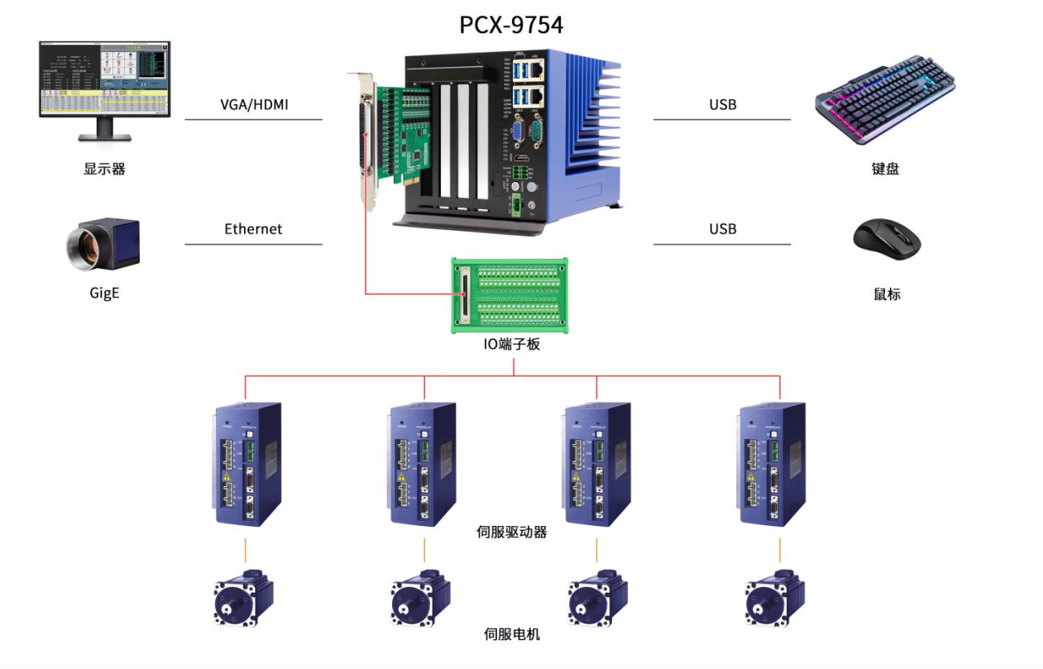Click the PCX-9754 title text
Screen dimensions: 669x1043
[x=511, y=24]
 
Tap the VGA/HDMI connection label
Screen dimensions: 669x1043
[x=254, y=105]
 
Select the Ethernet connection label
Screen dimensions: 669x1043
[x=253, y=229]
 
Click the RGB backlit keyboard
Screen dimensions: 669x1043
[x=885, y=100]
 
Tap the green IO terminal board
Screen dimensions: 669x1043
[x=510, y=295]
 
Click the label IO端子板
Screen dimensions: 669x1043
[x=511, y=344]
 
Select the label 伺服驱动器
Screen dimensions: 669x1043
[x=512, y=532]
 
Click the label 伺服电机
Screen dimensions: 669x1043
[x=512, y=634]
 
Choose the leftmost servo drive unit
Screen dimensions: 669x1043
[x=246, y=462]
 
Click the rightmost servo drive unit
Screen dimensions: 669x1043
[x=770, y=462]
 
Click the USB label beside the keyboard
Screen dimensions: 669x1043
[x=722, y=105]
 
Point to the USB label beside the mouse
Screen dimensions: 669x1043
[x=722, y=229]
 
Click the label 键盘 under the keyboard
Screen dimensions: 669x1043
[x=885, y=169]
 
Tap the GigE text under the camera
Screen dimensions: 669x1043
[x=104, y=293]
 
